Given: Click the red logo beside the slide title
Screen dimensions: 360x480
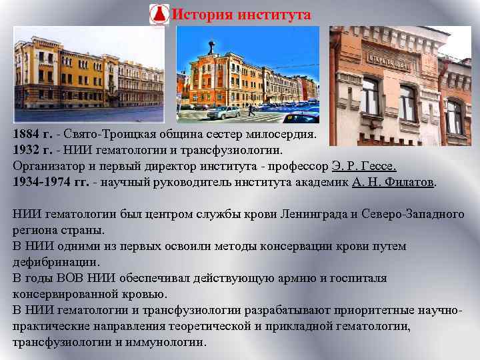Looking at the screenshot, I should click(159, 15).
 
